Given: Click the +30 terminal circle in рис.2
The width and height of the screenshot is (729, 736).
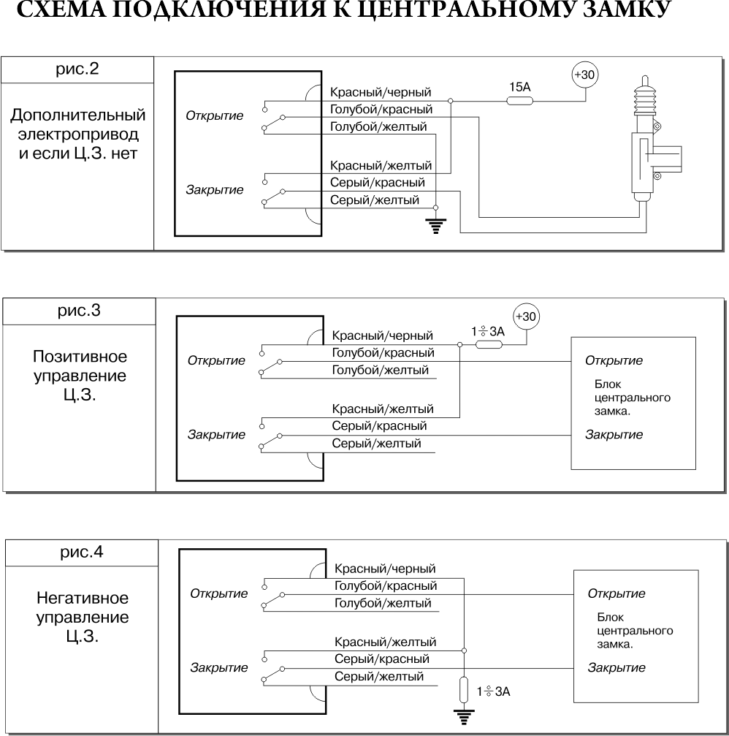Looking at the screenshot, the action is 585,75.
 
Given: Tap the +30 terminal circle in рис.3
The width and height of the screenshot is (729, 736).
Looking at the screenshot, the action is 526,316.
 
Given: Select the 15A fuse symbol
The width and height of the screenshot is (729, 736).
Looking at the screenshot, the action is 520,100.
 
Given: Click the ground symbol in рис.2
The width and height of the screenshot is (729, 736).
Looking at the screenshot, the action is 436,227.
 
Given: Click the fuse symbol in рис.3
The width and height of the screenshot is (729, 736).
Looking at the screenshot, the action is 489,344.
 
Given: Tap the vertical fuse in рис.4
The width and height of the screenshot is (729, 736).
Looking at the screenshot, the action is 464,689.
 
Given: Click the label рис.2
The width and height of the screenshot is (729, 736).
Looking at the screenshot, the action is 77,69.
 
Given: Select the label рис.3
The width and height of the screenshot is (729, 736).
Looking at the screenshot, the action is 79,311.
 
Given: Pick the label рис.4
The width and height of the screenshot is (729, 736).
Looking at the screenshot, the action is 82,552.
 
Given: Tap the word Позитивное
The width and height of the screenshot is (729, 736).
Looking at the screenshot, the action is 80,357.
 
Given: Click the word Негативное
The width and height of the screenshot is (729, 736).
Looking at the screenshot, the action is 83,598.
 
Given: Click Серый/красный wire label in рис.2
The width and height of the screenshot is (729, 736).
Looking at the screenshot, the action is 378,183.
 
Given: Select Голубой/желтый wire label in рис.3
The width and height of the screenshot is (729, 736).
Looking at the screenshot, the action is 381,371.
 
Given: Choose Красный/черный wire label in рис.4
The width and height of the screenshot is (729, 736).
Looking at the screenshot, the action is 385,569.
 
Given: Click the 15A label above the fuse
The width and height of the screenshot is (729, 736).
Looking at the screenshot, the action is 520,87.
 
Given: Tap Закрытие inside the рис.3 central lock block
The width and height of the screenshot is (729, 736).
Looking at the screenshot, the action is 614,435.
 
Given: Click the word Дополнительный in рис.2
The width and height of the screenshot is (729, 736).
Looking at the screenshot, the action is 78,115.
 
